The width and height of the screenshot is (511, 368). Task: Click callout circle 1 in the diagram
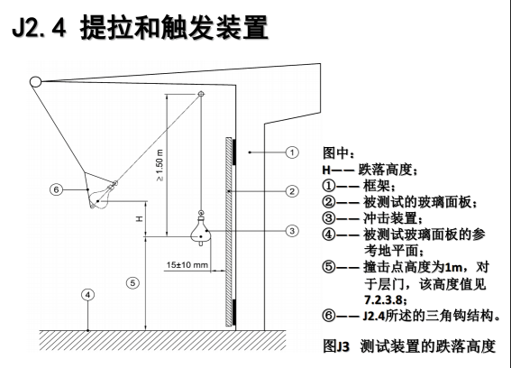[292, 152]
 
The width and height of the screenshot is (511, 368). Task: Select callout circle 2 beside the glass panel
[292, 191]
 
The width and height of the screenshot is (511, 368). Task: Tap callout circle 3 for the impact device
[292, 231]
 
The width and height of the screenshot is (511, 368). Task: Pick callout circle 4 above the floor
[87, 295]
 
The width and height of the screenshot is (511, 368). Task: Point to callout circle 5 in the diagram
[132, 283]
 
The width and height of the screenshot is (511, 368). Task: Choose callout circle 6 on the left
[56, 189]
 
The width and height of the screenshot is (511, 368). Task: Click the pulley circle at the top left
[35, 81]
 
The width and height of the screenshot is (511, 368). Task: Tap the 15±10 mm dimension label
[187, 264]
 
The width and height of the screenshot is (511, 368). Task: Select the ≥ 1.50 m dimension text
[160, 165]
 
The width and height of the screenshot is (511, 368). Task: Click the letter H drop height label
[140, 218]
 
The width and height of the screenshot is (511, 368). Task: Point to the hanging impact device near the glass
[201, 232]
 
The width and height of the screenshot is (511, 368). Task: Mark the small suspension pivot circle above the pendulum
[201, 95]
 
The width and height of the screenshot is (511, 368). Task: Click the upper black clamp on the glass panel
[234, 152]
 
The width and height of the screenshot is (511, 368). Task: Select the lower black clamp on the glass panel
[234, 312]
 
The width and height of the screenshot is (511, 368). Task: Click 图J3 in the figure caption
[336, 345]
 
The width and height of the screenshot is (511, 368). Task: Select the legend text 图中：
[338, 152]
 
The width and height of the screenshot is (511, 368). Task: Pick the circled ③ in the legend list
[329, 218]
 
